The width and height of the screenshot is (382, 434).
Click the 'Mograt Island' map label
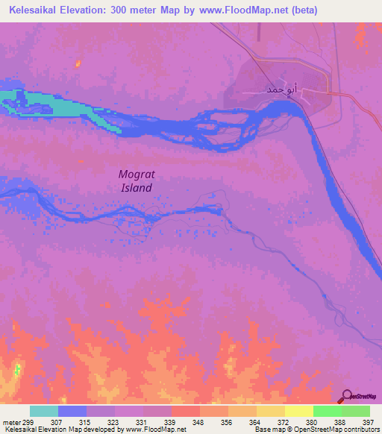pyautogui.click(x=137, y=180)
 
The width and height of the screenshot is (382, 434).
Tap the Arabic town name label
pyautogui.click(x=266, y=89)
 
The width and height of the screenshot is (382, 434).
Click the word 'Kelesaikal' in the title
pyautogui.click(x=38, y=10)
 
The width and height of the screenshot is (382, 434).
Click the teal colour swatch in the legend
pyautogui.click(x=44, y=411)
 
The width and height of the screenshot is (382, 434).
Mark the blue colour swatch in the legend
pyautogui.click(x=72, y=411)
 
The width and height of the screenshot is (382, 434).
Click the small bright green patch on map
pyautogui.click(x=17, y=369)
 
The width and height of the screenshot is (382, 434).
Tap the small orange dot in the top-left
pyautogui.click(x=77, y=65)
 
